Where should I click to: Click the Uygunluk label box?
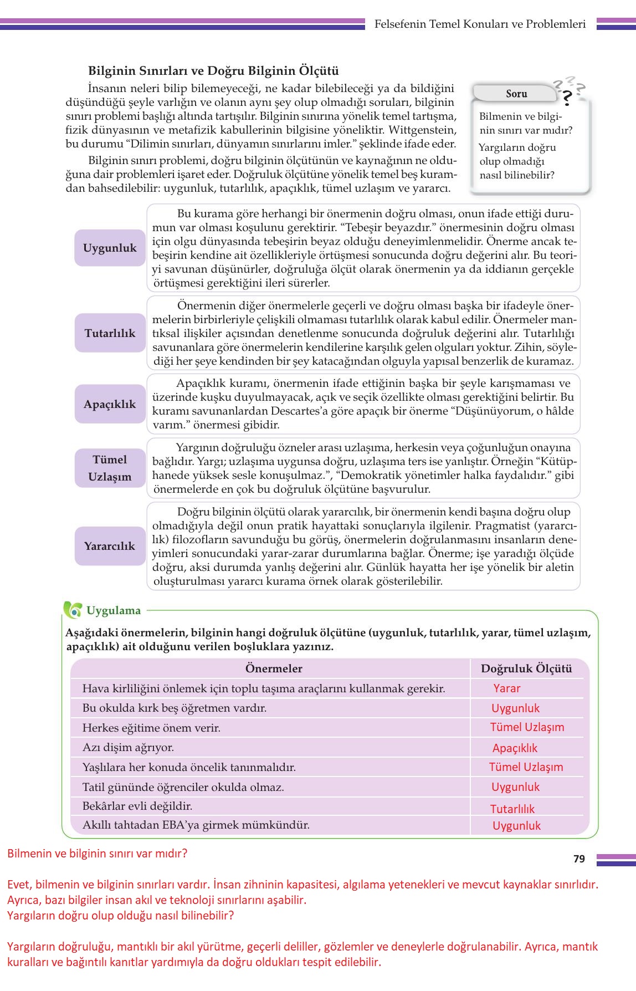click(x=110, y=248)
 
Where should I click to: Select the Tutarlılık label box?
click(x=110, y=333)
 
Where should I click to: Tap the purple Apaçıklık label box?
click(x=110, y=404)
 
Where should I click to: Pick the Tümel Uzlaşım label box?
click(x=110, y=468)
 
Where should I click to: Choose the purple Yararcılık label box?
click(x=110, y=546)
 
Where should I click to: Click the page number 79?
click(x=579, y=859)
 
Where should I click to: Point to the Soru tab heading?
click(x=516, y=94)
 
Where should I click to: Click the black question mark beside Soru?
click(x=567, y=98)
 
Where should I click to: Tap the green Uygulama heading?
click(x=114, y=610)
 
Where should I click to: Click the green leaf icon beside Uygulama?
click(x=73, y=610)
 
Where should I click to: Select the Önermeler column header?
click(x=274, y=668)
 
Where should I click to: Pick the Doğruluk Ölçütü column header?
click(x=526, y=668)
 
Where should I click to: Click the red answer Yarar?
click(x=507, y=688)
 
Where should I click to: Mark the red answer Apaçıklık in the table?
click(x=515, y=748)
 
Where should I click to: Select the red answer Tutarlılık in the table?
click(x=512, y=809)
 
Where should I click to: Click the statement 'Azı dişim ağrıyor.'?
click(x=128, y=747)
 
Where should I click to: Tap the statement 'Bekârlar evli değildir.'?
click(x=137, y=806)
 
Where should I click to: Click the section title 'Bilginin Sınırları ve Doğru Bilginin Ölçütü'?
click(x=213, y=71)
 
